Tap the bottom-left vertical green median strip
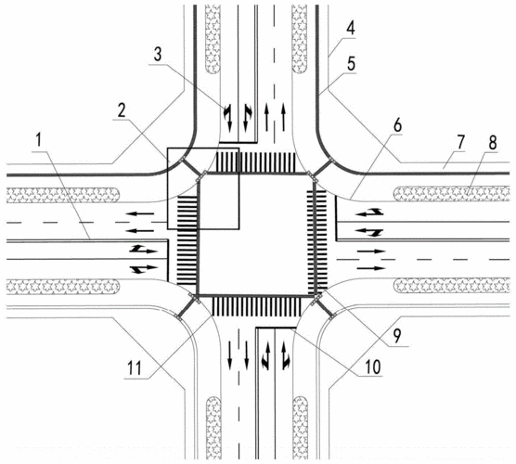pos(212,428)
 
